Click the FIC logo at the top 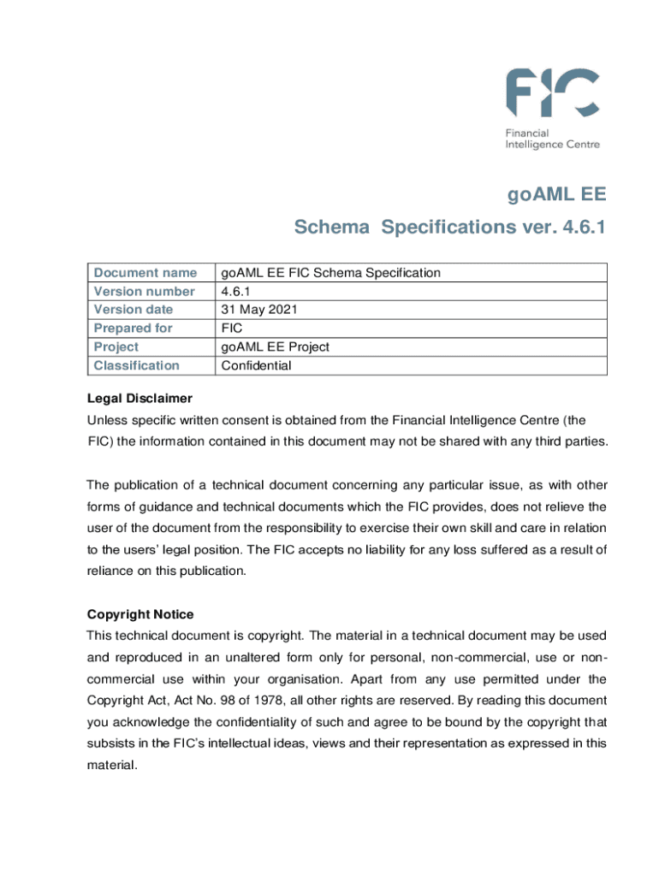click(x=551, y=94)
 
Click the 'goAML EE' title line click(x=556, y=194)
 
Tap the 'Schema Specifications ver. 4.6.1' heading click(x=450, y=228)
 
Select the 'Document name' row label click(x=145, y=273)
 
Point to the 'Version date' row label click(x=134, y=310)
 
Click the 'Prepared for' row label click(x=133, y=328)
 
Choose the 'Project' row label click(x=116, y=347)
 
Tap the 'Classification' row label click(x=137, y=366)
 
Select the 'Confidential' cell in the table click(x=257, y=366)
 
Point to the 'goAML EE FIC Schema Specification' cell click(x=331, y=273)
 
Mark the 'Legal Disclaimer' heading click(x=140, y=399)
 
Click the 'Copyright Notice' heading click(x=140, y=614)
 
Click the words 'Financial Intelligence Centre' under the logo click(x=551, y=139)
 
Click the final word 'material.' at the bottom click(x=112, y=766)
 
